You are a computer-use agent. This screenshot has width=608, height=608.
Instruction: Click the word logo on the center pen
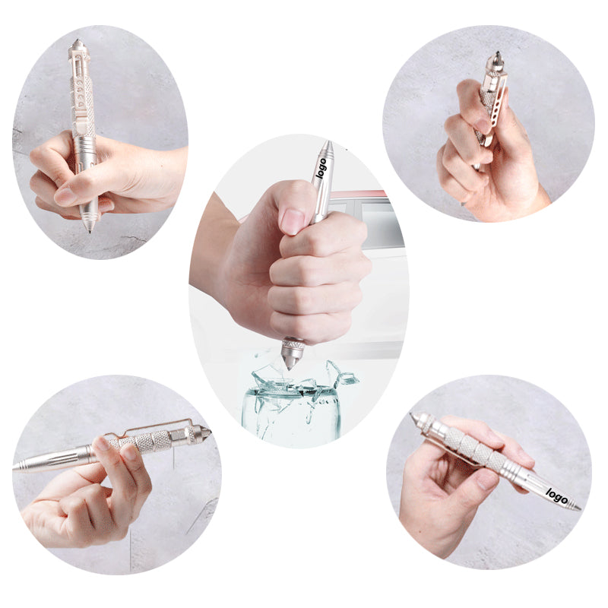pyautogui.click(x=321, y=169)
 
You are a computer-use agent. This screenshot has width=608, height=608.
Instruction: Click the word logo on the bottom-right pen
pyautogui.click(x=557, y=496)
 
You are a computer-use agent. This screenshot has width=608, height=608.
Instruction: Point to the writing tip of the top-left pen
pyautogui.click(x=90, y=229)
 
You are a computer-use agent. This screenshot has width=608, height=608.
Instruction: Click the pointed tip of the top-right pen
pyautogui.click(x=498, y=54)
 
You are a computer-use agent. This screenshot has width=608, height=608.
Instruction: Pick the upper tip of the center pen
pyautogui.click(x=328, y=144)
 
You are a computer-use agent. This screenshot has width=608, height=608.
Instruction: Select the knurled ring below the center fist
pyautogui.click(x=293, y=344)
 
